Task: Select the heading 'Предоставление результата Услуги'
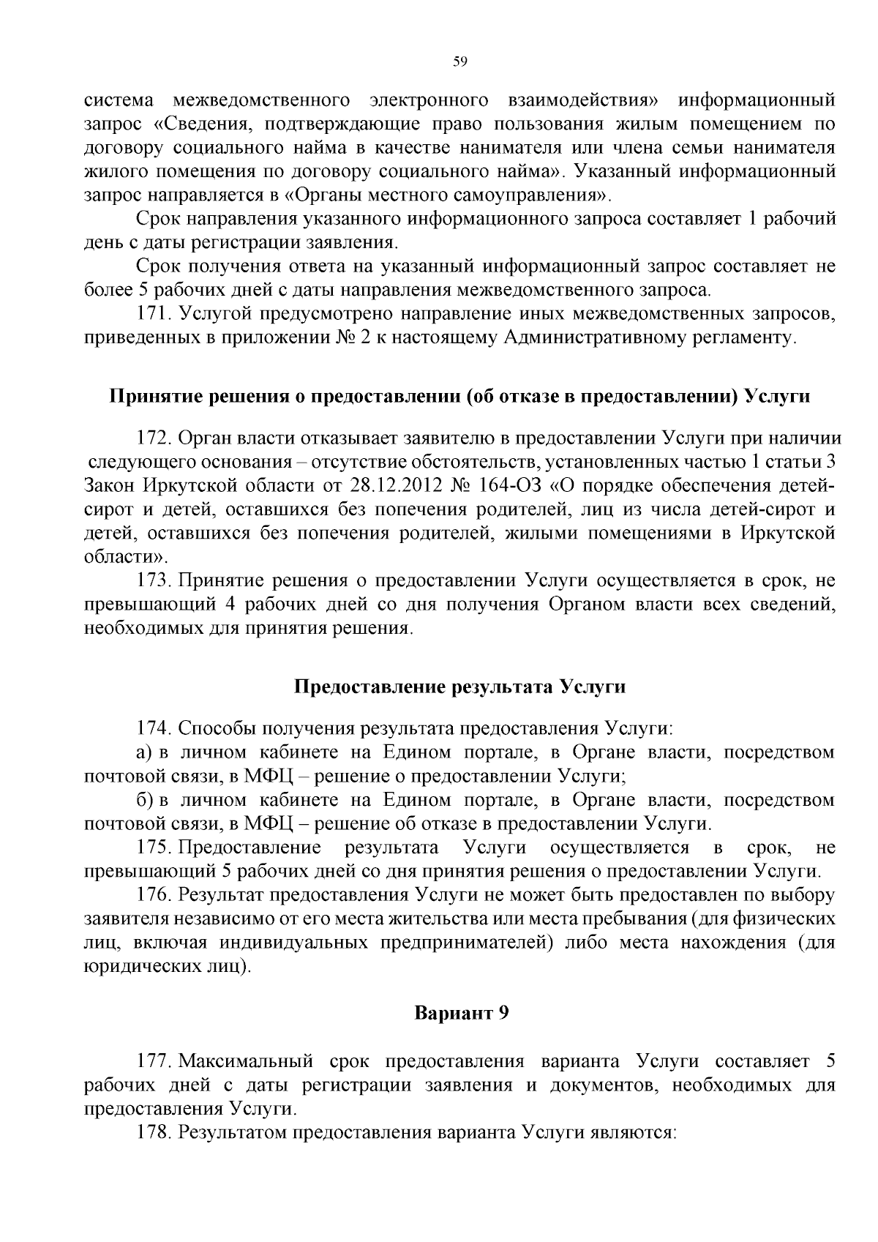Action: (x=459, y=687)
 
